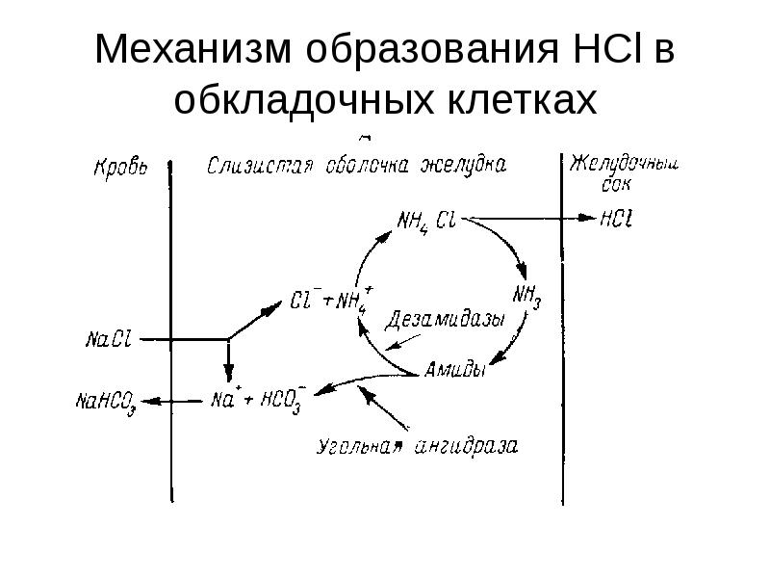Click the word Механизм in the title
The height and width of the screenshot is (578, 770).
[x=193, y=49]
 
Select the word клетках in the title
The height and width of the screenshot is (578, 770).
[x=522, y=100]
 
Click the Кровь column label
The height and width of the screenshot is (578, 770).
[x=120, y=167]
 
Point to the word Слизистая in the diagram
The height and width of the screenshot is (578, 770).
[x=260, y=166]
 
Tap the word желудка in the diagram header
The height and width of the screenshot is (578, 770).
[x=464, y=166]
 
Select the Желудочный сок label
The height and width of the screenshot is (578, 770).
[x=624, y=173]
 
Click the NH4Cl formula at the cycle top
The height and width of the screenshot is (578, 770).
[x=426, y=222]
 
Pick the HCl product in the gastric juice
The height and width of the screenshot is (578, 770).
[x=616, y=219]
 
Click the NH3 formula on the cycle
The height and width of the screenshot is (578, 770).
[x=526, y=297]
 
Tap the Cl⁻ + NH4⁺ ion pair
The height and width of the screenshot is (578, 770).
[x=331, y=300]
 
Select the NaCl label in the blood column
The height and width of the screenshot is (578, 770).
[x=109, y=339]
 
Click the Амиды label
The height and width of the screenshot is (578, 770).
[x=454, y=369]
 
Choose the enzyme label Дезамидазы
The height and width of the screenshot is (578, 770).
[x=445, y=321]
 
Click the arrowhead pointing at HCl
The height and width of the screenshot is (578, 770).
[x=587, y=218]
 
